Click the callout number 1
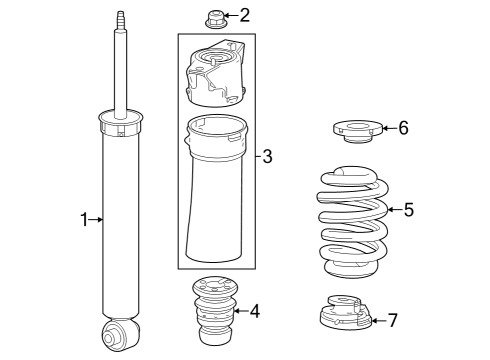pyautogui.click(x=85, y=218)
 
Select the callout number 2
pyautogui.click(x=244, y=15)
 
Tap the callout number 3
pyautogui.click(x=267, y=156)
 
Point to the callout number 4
pyautogui.click(x=255, y=311)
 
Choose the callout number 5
pyautogui.click(x=408, y=210)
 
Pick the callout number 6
pyautogui.click(x=403, y=127)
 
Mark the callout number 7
pyautogui.click(x=392, y=320)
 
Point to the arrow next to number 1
pyautogui.click(x=97, y=218)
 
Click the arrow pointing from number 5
pyautogui.click(x=394, y=210)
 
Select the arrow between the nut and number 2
pyautogui.click(x=229, y=15)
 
